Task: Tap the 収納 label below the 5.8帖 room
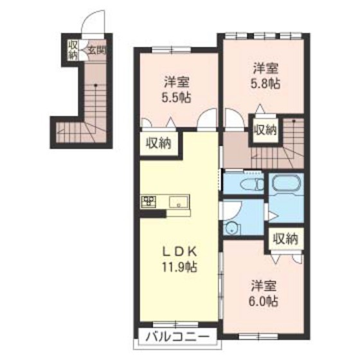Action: [x=265, y=129]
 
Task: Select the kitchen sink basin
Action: [x=177, y=203]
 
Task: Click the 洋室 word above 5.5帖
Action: [x=176, y=82]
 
